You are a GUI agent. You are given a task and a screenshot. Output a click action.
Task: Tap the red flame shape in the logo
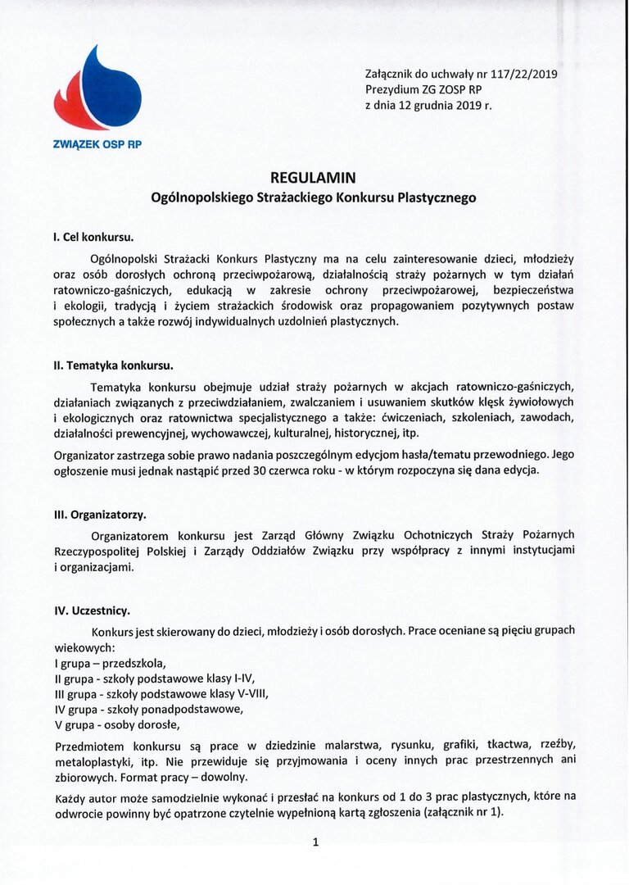click(75, 111)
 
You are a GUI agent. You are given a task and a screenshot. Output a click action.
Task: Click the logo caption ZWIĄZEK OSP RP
click(97, 144)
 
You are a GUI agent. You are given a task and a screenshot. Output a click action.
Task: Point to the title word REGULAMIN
click(314, 177)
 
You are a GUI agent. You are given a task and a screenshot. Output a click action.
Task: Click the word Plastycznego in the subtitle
click(437, 197)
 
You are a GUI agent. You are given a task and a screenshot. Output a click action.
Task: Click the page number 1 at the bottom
click(315, 842)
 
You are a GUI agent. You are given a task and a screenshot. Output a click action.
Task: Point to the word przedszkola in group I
click(135, 663)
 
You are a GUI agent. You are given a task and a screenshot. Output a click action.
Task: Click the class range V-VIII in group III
click(249, 693)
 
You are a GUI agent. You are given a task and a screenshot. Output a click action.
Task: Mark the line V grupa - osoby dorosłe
click(116, 724)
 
